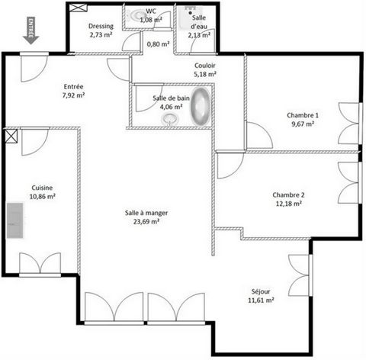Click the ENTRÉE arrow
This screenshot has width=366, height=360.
pos(30,31)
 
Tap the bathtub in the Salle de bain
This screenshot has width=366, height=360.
pos(201,106)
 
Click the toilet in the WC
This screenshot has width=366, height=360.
pos(135,16)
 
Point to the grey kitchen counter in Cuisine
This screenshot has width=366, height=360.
pos(14,220)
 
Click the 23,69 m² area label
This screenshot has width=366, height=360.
pos(146,222)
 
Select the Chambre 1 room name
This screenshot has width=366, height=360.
pos(303,115)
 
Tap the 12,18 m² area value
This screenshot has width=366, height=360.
pos(289,204)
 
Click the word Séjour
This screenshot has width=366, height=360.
pos(261,291)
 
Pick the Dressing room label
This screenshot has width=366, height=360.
pos(101,26)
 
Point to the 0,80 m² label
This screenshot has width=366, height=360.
pos(158,44)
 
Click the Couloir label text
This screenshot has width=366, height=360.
pos(205,66)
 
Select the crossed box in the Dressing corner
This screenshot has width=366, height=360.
pos(79,8)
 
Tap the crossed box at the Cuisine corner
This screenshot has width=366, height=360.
pos(11,137)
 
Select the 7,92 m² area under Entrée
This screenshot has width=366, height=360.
pos(74,95)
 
